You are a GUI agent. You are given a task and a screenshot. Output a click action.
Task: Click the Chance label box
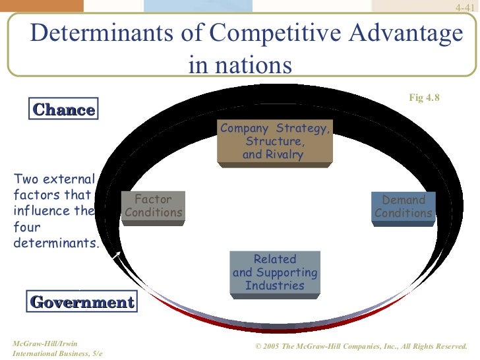[x=63, y=109]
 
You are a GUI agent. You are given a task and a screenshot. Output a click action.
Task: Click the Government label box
[x=82, y=303]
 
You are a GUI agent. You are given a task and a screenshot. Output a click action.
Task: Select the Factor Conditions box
[x=153, y=206]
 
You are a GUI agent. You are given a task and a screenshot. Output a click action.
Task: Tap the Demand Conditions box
[x=404, y=207]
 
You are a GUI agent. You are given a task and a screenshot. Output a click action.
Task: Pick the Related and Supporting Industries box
[x=275, y=272]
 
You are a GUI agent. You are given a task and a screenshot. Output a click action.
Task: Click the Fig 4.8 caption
[x=424, y=98]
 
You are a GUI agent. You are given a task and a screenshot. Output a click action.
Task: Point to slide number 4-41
[x=465, y=7]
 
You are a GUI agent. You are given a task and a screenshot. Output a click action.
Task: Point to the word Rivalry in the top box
[x=284, y=155]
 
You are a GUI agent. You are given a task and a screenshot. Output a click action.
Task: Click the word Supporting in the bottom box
[x=287, y=272]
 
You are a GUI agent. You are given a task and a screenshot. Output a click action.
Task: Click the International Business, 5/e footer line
[x=53, y=355]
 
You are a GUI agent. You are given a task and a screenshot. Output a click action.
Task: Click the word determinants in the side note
[x=56, y=243]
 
